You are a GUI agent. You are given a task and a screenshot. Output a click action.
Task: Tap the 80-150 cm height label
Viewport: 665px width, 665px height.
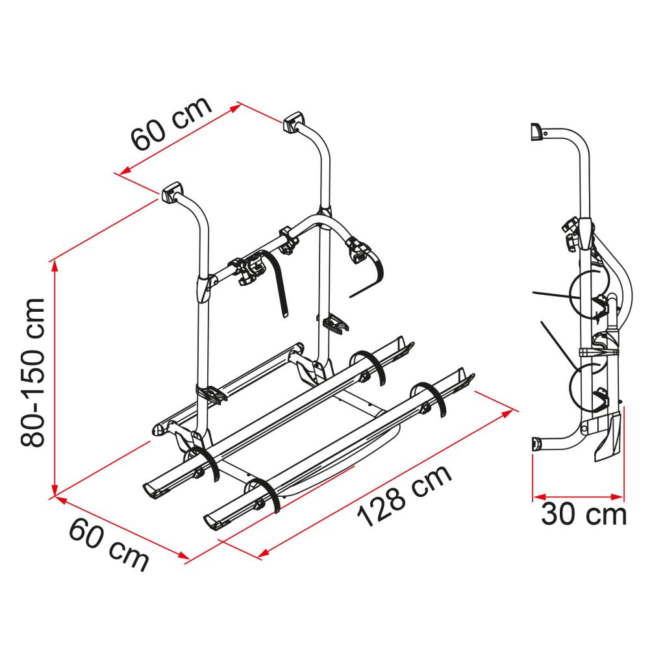(32, 372)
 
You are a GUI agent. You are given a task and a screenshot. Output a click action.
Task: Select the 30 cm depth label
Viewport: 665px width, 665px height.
(584, 514)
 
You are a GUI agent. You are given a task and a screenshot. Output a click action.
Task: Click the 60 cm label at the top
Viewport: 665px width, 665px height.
(171, 123)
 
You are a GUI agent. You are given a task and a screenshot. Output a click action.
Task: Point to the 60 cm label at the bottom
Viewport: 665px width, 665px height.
(108, 544)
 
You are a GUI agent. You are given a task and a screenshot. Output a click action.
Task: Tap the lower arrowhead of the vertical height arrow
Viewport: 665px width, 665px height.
(55, 490)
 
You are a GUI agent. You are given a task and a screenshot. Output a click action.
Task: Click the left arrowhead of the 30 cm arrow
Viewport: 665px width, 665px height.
(538, 497)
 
